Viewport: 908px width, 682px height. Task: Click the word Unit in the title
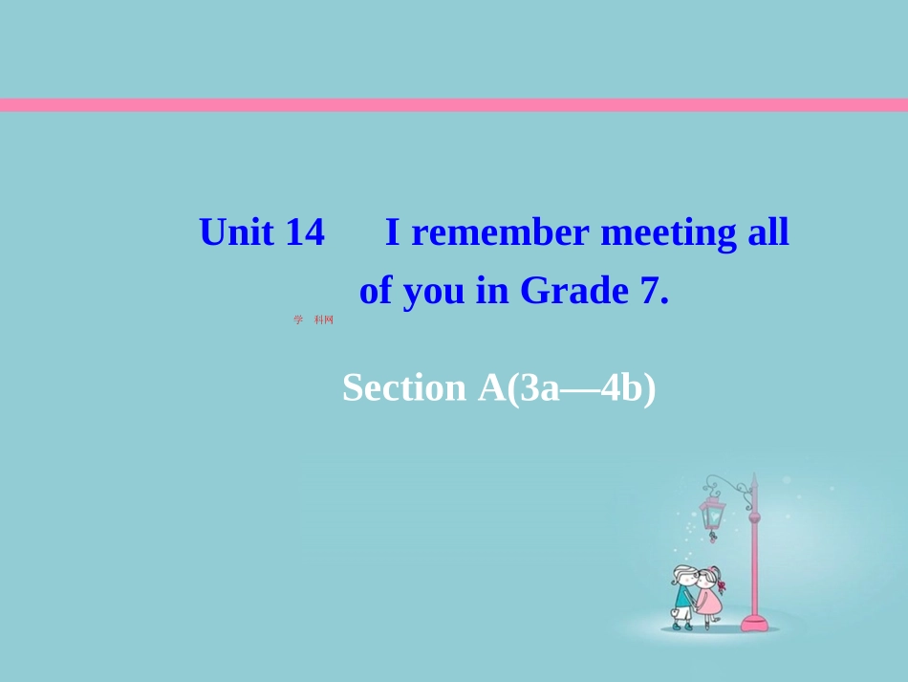[237, 232]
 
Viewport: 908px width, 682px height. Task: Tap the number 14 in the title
[305, 232]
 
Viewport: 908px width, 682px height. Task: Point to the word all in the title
[768, 232]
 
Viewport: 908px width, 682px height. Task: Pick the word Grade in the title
[571, 290]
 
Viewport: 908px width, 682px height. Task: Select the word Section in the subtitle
[403, 387]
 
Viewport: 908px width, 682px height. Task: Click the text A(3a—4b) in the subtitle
[566, 387]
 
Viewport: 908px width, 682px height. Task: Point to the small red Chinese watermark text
[314, 319]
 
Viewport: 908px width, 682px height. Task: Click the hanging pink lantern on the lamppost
[712, 515]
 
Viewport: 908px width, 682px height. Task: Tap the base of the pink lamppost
[754, 623]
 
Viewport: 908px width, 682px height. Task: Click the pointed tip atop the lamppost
[753, 478]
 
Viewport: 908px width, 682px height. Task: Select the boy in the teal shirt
[682, 593]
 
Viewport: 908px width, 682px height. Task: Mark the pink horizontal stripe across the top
[454, 105]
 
